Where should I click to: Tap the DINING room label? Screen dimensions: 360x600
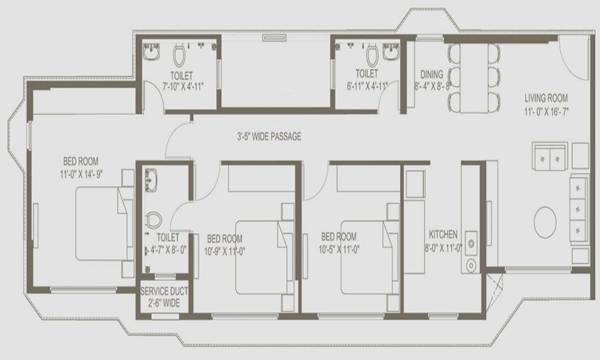[x=431, y=75]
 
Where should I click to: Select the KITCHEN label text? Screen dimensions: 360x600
[x=443, y=234]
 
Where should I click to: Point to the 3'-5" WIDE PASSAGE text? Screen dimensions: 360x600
[x=268, y=137]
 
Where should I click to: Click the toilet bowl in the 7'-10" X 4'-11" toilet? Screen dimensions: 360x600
[x=179, y=56]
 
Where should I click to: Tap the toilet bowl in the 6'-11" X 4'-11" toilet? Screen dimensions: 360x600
[x=371, y=56]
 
